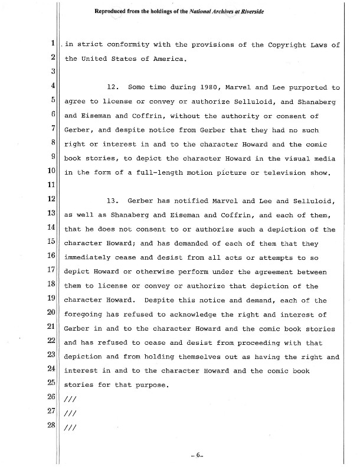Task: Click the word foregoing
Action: (87, 315)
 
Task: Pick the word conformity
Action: (133, 44)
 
